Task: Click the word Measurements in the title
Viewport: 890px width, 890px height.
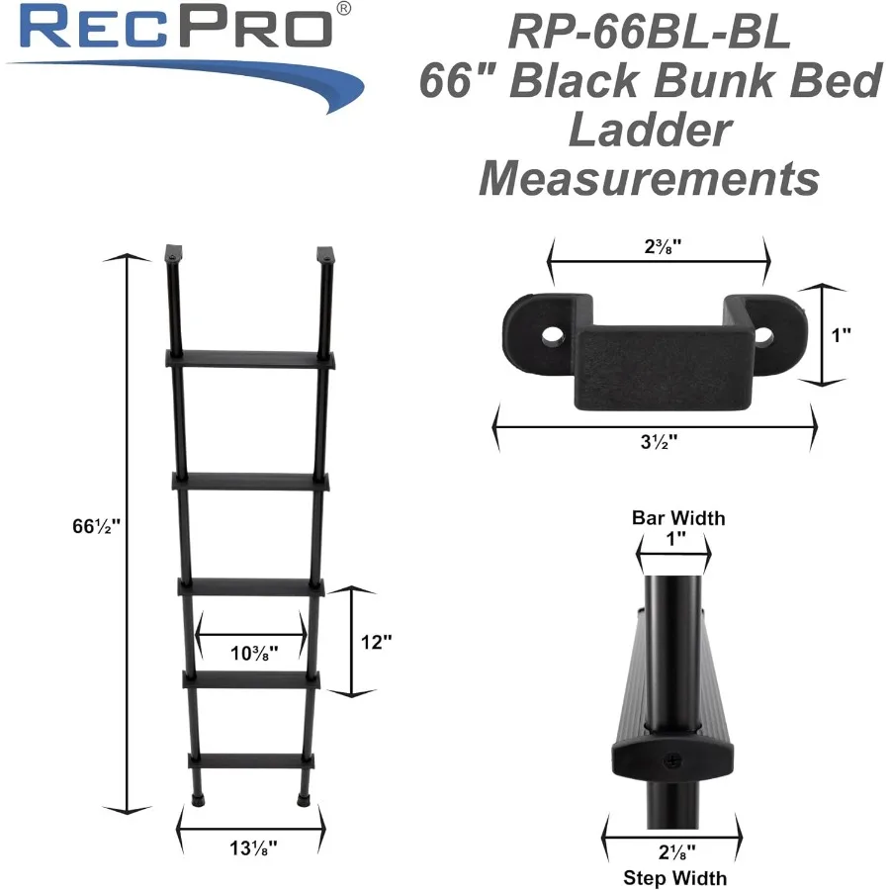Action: click(648, 179)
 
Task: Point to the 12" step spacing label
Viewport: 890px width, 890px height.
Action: click(377, 641)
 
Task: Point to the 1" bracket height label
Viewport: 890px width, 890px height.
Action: click(842, 335)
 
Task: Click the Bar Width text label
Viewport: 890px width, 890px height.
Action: click(677, 518)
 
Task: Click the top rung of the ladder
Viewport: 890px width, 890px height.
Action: click(252, 358)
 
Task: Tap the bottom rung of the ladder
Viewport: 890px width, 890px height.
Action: click(251, 761)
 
